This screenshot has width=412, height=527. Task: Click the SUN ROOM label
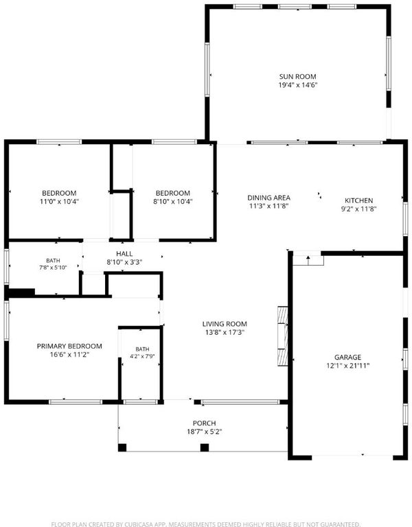pos(297,77)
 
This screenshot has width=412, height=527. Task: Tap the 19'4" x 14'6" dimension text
pos(298,85)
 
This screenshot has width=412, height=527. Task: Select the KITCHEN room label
pos(359,200)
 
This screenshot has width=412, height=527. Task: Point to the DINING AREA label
pos(268,198)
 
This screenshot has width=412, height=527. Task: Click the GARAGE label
pos(347,357)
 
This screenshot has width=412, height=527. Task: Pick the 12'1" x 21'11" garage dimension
pos(347,365)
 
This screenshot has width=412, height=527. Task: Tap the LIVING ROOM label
pos(225,324)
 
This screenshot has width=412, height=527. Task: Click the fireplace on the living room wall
pos(282,336)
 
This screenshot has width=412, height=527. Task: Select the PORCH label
pos(205,423)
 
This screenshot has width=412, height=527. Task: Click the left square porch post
pos(122,447)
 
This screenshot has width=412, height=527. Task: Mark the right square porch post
pos(205,447)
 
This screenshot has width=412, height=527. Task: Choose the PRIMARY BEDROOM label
pos(69,346)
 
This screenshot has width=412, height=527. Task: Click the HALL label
pos(124,254)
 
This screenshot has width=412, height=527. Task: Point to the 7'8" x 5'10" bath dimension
pos(53,268)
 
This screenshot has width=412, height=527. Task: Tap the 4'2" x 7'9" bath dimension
pos(142,356)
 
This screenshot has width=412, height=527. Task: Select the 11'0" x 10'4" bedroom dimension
pos(59,201)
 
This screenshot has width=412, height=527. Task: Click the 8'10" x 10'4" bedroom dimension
pos(173,201)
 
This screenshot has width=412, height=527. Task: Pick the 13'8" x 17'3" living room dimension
pos(225,332)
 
